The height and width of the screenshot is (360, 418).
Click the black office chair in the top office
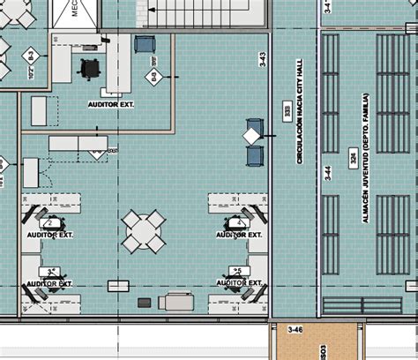(90, 68)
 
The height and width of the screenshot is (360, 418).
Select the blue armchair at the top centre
(145, 43)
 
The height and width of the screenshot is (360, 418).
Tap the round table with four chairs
(143, 231)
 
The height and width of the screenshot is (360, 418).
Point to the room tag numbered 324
(354, 159)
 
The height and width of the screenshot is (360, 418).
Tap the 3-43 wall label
(262, 60)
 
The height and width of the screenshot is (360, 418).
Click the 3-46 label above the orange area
(295, 330)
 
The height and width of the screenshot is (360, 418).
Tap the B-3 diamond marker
(28, 56)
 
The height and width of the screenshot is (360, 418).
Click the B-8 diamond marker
(155, 79)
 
